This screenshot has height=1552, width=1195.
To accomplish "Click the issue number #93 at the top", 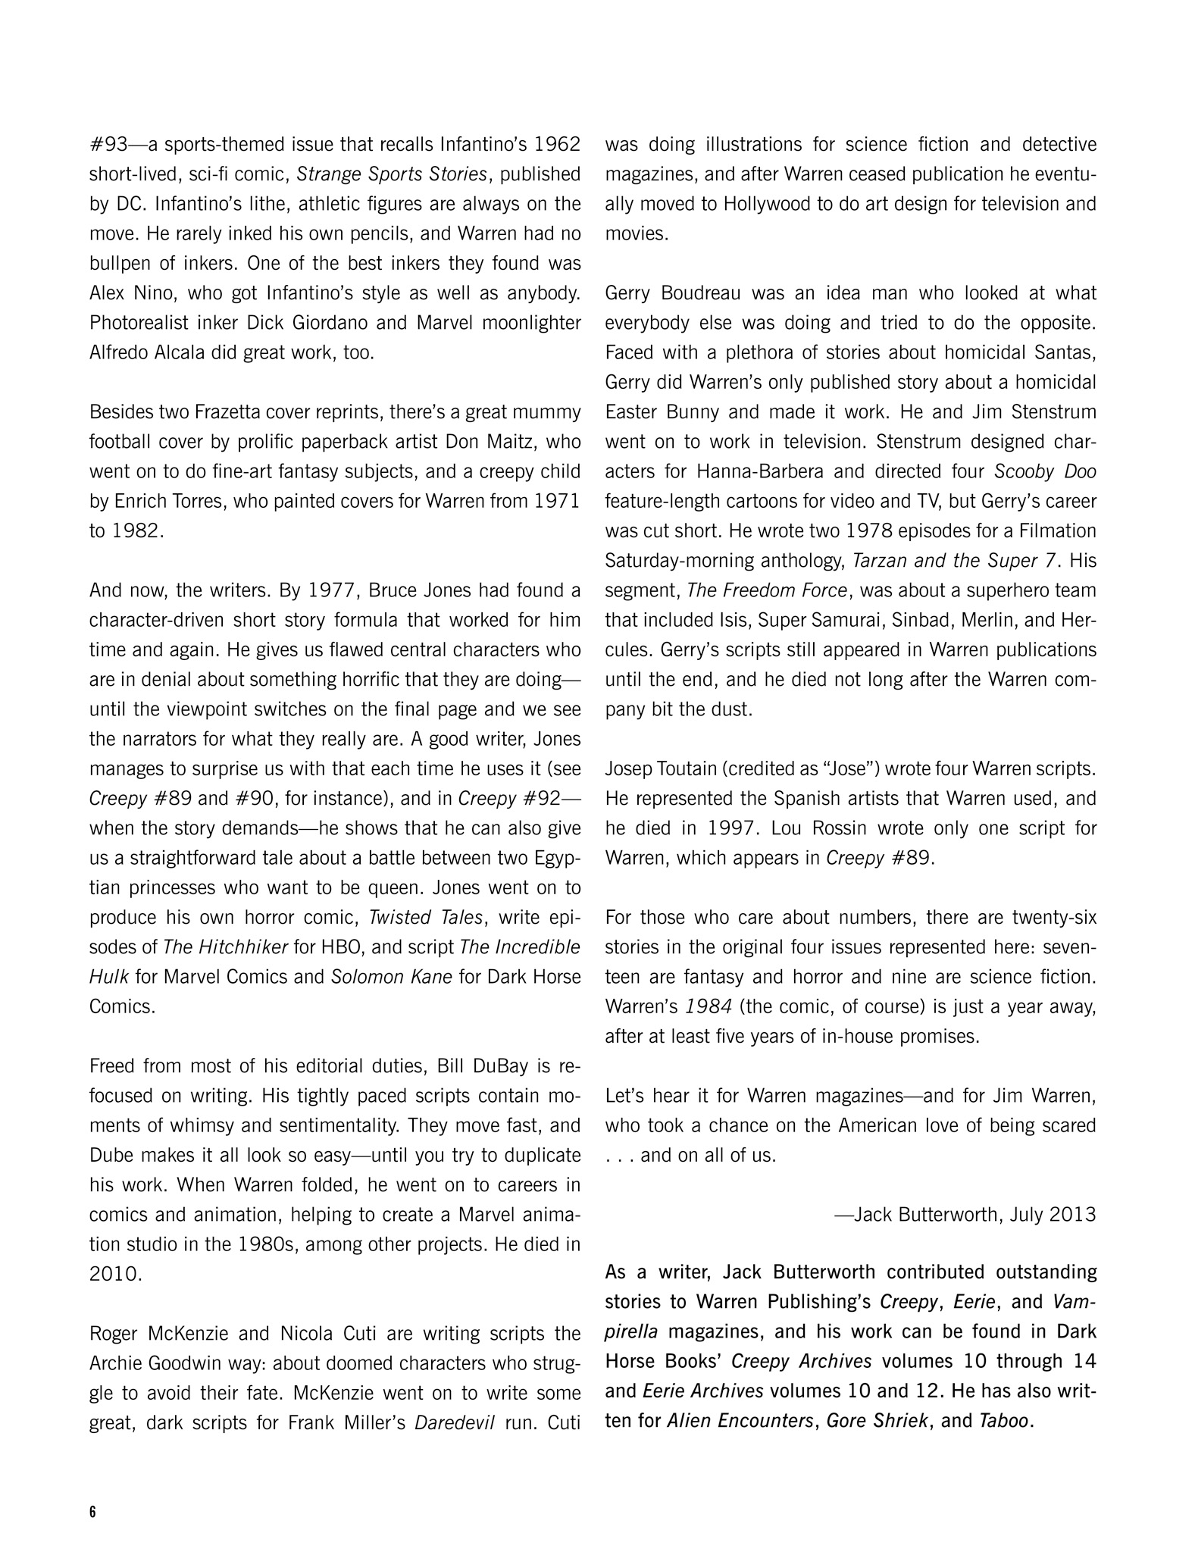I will pyautogui.click(x=107, y=145).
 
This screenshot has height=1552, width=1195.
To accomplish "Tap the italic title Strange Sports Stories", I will pyautogui.click(x=391, y=174).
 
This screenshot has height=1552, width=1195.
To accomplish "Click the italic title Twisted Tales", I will pyautogui.click(x=425, y=918).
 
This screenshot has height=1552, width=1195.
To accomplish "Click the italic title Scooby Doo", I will pyautogui.click(x=1045, y=471).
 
